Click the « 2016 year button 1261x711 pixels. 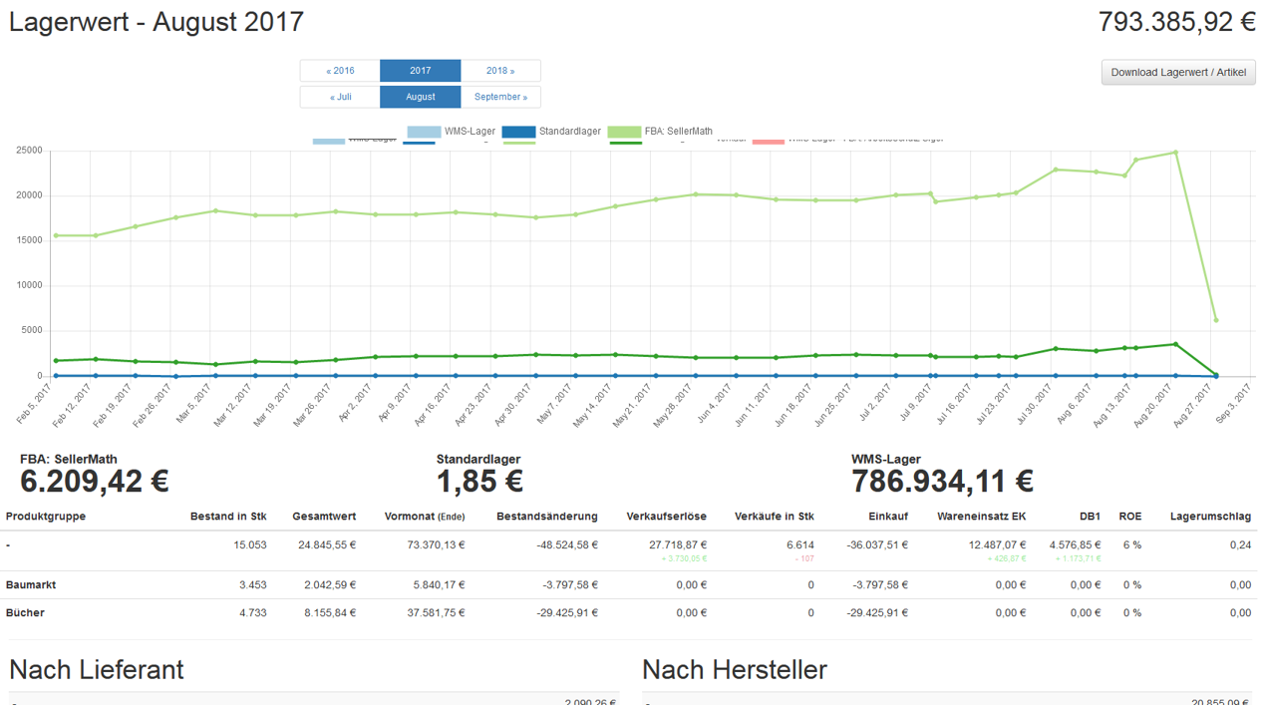click(x=340, y=71)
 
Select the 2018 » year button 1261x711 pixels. click(x=500, y=71)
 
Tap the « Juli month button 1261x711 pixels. click(x=340, y=97)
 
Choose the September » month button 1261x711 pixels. click(x=500, y=97)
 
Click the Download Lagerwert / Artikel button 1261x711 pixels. click(x=1178, y=72)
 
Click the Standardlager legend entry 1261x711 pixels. click(x=551, y=132)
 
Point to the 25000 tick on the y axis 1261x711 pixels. click(x=28, y=151)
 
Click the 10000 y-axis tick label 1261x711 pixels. click(x=28, y=285)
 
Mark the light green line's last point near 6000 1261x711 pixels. click(x=1215, y=320)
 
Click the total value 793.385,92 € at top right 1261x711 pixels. click(x=1176, y=22)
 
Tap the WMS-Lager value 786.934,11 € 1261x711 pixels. click(x=942, y=482)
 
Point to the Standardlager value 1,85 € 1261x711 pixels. click(x=479, y=482)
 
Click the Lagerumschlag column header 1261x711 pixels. click(x=1210, y=517)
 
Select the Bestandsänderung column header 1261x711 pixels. click(x=546, y=517)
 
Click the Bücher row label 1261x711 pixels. click(x=25, y=612)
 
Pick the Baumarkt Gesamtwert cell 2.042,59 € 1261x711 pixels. click(x=330, y=585)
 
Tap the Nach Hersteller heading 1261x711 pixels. click(x=735, y=669)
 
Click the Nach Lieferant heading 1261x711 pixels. click(x=97, y=669)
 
